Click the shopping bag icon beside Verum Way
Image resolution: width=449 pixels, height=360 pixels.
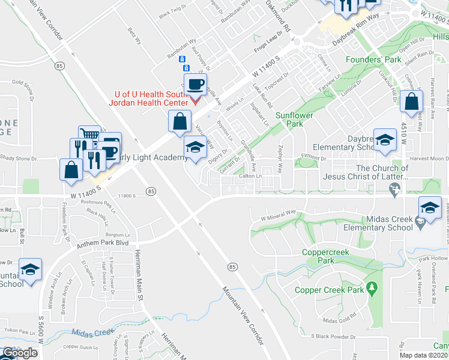click(x=179, y=122)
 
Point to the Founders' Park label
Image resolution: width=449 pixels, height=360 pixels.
click(x=373, y=60)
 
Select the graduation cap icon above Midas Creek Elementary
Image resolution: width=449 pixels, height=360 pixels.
click(x=430, y=208)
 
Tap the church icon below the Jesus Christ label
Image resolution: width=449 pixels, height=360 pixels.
click(x=394, y=190)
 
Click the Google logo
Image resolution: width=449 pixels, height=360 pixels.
click(x=19, y=353)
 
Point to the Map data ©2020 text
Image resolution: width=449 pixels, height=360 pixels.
click(x=424, y=355)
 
